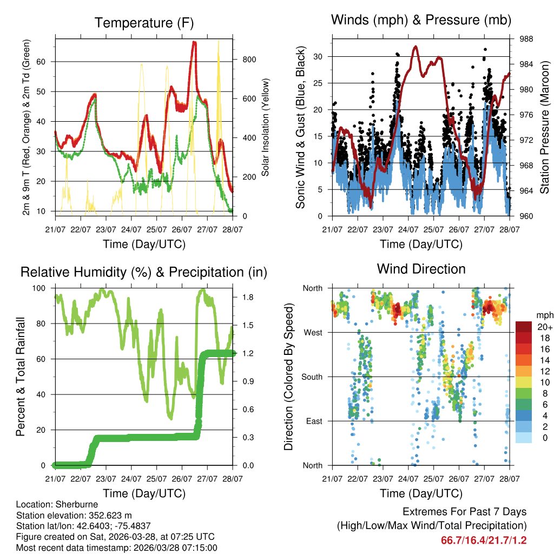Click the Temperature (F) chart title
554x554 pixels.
[x=144, y=23]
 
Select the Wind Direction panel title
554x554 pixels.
[x=421, y=268]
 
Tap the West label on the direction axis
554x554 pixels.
[x=313, y=332]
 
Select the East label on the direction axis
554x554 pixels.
[x=314, y=421]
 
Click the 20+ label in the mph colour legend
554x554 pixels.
[x=544, y=327]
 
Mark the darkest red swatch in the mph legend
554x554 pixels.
[x=524, y=327]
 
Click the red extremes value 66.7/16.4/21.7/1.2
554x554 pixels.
[x=484, y=540]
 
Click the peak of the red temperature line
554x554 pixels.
[x=194, y=42]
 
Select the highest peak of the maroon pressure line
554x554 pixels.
[x=415, y=47]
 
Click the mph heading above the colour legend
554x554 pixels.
[x=544, y=315]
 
